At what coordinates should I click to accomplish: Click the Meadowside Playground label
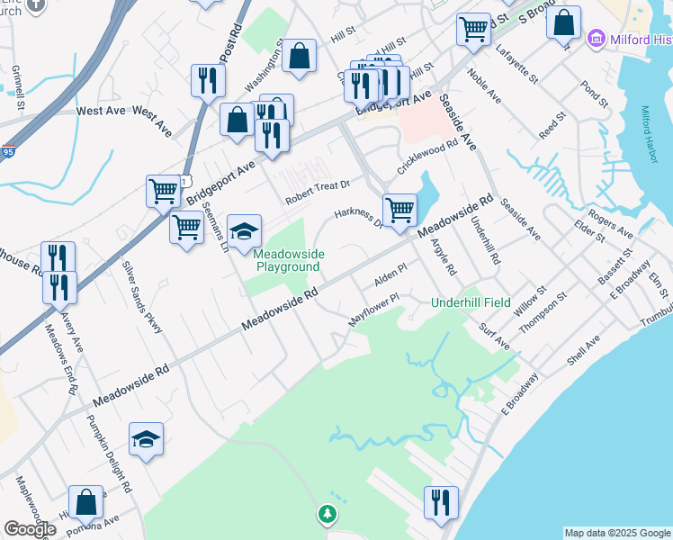287,261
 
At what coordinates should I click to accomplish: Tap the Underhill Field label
471,302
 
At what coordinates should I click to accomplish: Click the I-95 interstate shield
8,152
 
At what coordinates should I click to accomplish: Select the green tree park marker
328,515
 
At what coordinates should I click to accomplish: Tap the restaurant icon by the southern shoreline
441,501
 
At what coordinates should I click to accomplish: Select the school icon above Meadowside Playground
244,230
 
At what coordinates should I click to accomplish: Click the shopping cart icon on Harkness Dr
399,210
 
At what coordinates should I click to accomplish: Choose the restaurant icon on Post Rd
208,79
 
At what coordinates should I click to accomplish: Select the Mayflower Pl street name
373,309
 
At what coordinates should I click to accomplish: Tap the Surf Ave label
494,337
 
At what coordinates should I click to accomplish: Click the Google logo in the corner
30,529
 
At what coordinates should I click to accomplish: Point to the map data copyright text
616,533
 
